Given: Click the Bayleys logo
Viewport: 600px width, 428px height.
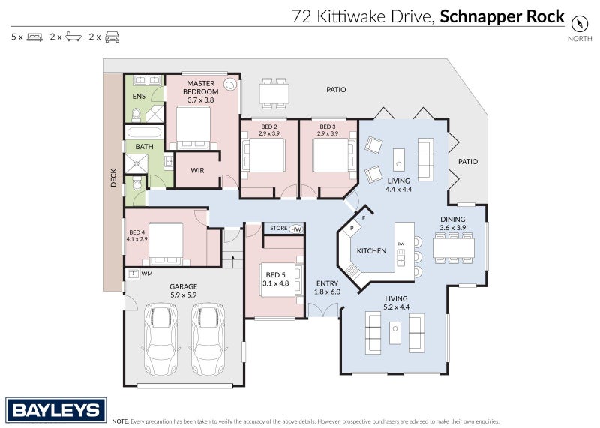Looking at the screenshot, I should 56,410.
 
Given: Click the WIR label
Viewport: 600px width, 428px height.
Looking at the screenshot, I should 197,170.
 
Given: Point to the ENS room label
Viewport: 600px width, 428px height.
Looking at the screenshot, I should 139,97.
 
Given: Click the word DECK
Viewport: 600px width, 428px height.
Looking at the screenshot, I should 114,177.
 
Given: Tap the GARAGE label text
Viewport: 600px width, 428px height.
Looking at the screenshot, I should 183,286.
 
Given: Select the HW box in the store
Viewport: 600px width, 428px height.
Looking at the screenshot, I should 296,229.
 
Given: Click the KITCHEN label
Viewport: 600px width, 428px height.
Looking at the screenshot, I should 370,250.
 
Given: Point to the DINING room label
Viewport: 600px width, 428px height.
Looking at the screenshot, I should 453,220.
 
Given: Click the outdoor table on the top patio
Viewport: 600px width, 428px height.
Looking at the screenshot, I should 274,93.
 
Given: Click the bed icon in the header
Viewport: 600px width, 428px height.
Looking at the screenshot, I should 34,37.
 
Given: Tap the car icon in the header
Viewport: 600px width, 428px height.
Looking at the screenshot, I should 112,37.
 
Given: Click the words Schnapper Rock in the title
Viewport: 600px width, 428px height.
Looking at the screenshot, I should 502,16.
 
